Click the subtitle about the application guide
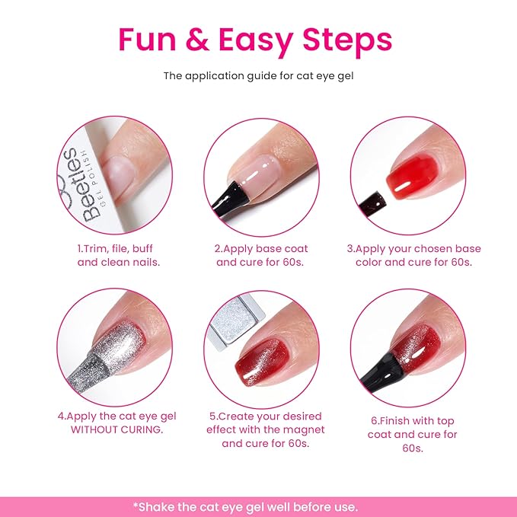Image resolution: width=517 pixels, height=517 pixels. (258, 76)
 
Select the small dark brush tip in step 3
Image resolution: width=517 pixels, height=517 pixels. (375, 199)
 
